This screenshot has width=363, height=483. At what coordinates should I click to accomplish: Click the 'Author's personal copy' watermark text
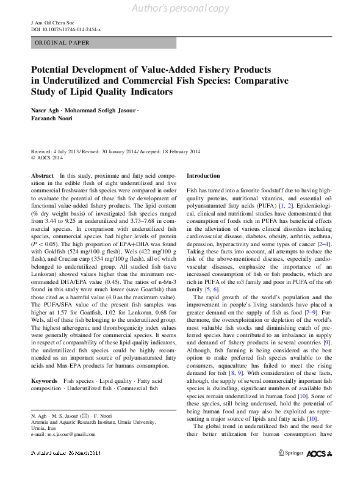(x=181, y=8)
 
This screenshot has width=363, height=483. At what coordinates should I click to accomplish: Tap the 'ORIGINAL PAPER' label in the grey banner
(x=62, y=43)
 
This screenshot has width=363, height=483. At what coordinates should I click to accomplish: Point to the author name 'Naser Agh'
(x=46, y=110)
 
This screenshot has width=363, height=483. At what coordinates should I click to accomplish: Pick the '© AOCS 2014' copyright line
(x=47, y=158)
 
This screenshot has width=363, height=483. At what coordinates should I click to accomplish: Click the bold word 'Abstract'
(x=42, y=175)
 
